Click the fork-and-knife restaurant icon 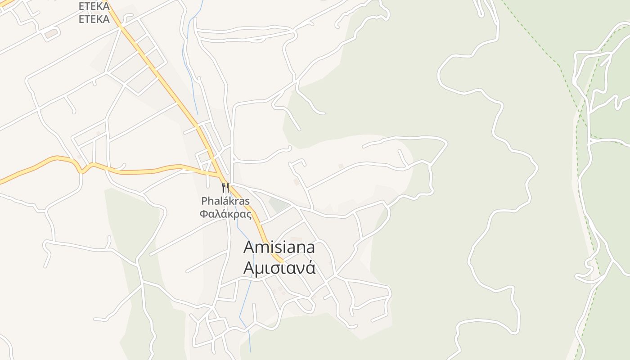pos(225,187)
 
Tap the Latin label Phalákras pos(225,201)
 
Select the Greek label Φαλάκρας pos(225,214)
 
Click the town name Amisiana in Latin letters pos(279,247)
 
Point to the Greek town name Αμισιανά pos(279,268)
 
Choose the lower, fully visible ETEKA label pos(94,19)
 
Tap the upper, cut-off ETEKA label pos(94,6)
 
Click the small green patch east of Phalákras pos(279,205)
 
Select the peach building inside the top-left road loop pos(51,33)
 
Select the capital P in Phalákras pos(204,201)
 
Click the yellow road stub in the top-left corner pos(5,3)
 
